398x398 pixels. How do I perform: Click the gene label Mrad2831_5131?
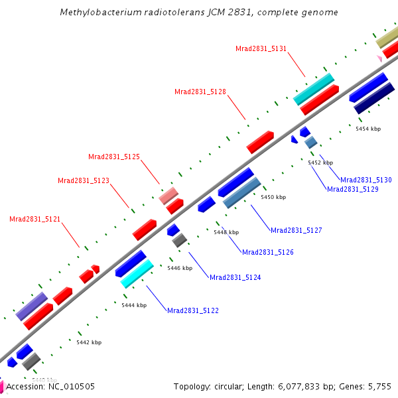[x=261, y=48]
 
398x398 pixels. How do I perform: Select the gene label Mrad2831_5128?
[x=200, y=92]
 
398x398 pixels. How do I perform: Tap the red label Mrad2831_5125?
[x=114, y=157]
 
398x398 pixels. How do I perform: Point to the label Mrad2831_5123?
[x=84, y=180]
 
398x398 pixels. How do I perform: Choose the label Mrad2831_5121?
[x=35, y=219]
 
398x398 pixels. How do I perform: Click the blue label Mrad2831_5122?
[x=193, y=310]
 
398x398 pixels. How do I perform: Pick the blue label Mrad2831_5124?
[x=235, y=277]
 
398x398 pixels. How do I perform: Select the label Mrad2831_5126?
[x=268, y=252]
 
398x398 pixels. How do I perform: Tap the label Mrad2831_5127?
[x=297, y=230]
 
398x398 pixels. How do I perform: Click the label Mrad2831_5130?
[x=366, y=180]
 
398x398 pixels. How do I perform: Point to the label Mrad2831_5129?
[x=353, y=189]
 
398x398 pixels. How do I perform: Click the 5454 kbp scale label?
[x=368, y=129]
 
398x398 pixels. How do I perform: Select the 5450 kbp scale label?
[x=273, y=197]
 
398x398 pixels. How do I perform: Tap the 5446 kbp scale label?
[x=179, y=268]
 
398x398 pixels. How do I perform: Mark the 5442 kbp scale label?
[x=89, y=342]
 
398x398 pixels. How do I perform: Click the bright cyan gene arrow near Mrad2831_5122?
[x=137, y=273]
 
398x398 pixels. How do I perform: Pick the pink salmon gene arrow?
[x=168, y=196]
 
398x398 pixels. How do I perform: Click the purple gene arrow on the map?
[x=31, y=306]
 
